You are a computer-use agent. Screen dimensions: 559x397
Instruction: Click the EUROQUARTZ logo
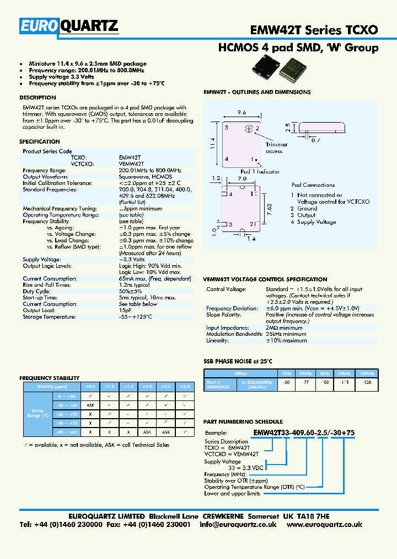tap(69, 26)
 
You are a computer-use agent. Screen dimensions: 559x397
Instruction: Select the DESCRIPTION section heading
tap(37, 98)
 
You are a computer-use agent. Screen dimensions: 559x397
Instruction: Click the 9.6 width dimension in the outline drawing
tap(242, 112)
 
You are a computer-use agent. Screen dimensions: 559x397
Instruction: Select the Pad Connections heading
tap(313, 185)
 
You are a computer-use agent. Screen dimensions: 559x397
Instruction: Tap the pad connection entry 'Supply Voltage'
tap(316, 222)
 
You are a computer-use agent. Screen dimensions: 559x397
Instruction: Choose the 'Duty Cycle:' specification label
tap(36, 291)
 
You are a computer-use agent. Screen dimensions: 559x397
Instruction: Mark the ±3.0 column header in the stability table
tap(185, 387)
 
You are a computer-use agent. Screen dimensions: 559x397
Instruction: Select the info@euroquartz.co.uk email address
tap(238, 525)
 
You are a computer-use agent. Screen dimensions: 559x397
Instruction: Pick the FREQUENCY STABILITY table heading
tap(50, 378)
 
